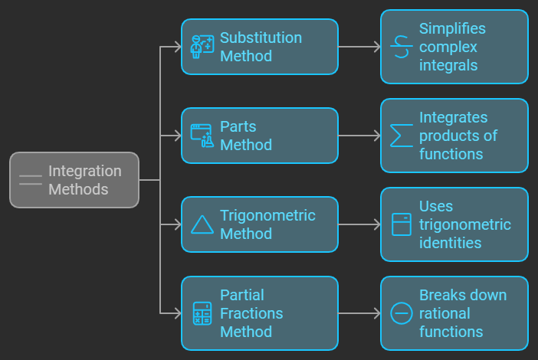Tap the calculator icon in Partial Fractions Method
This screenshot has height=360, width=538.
[202, 313]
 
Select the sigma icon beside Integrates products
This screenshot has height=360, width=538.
[401, 136]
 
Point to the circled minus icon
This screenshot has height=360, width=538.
[401, 313]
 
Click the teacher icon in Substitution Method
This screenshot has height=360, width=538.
[202, 47]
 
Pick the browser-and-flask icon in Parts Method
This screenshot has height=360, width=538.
[202, 136]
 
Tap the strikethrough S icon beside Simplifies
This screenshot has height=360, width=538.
[401, 47]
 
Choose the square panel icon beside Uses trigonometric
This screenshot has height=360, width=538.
[401, 224]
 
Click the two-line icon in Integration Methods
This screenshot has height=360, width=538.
[31, 180]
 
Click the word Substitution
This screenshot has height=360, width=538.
[261, 38]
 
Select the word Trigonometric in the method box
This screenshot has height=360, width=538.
[267, 216]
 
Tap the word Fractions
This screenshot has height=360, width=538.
[251, 313]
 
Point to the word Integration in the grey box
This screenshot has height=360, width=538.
[85, 172]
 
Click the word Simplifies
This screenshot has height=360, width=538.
[452, 29]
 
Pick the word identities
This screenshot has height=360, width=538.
[450, 243]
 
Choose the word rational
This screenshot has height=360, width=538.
[445, 313]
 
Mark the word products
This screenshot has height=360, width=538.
[449, 136]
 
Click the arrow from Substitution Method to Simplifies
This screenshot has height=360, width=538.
[359, 47]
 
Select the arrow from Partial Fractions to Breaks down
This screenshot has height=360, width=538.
[359, 313]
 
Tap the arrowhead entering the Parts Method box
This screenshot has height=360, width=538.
[178, 136]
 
